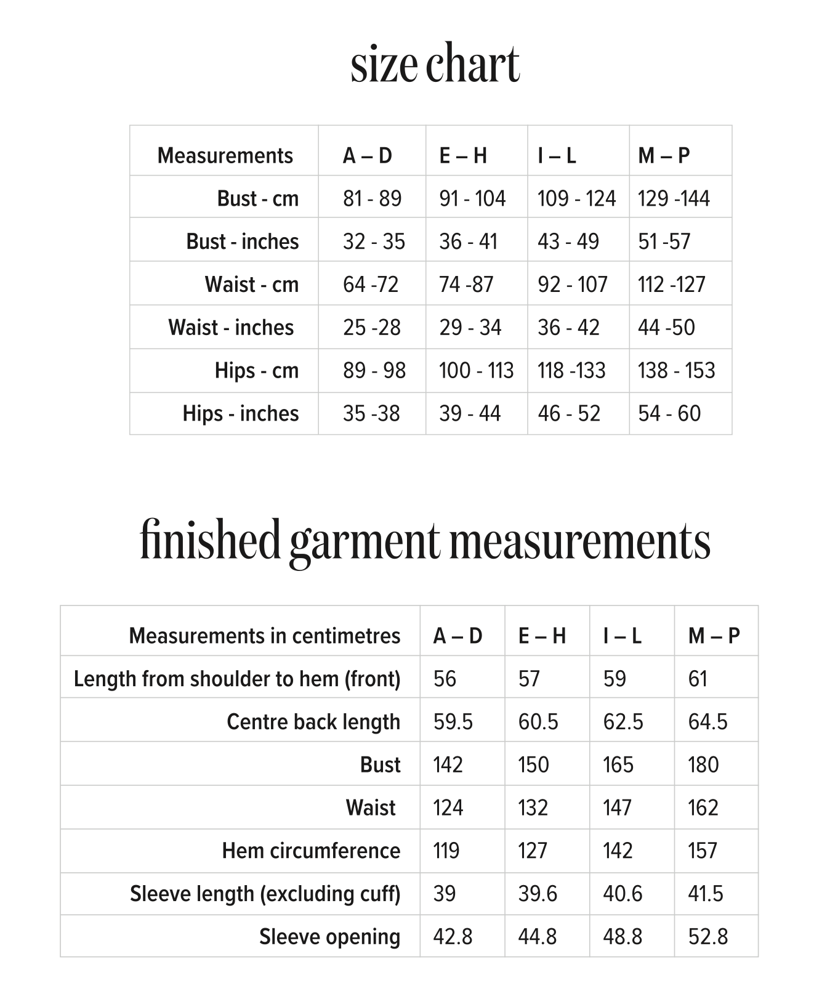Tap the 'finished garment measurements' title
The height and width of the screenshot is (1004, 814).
[425, 540]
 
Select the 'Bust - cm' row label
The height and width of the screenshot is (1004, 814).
[257, 198]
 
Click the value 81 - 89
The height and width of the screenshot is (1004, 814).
[372, 198]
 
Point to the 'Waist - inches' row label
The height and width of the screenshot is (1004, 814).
[231, 327]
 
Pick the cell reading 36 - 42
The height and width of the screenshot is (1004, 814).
[568, 327]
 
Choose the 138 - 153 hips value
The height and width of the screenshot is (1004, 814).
[676, 370]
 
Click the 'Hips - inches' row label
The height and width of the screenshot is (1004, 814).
[240, 413]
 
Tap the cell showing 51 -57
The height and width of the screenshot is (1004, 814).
[664, 241]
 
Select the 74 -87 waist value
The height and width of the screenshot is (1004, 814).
[466, 284]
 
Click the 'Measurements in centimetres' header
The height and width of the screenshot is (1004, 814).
[265, 636]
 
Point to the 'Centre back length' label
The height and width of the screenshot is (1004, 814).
[313, 722]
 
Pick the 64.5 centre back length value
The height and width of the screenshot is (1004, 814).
[707, 722]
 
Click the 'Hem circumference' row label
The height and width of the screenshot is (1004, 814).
[311, 851]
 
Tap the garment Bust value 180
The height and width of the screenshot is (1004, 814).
[703, 765]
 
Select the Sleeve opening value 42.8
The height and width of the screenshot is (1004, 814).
[453, 937]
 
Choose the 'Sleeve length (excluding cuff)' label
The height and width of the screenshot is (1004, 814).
[265, 894]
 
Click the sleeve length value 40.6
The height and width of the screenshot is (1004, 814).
[623, 894]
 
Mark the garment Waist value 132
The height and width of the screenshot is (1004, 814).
[533, 808]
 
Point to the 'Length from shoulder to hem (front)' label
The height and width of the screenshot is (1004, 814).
[237, 679]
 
